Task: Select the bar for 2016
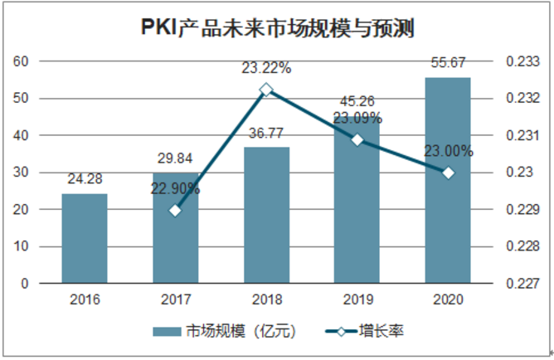point(84,239)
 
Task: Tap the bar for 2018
point(266,216)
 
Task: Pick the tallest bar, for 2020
point(448,181)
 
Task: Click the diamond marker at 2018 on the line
point(266,90)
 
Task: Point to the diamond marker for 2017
point(175,210)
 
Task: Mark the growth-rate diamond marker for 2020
point(448,173)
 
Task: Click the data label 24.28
point(84,178)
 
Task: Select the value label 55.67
point(448,61)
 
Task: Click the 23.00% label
point(448,152)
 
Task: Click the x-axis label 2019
point(357,300)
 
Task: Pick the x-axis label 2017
point(175,300)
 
